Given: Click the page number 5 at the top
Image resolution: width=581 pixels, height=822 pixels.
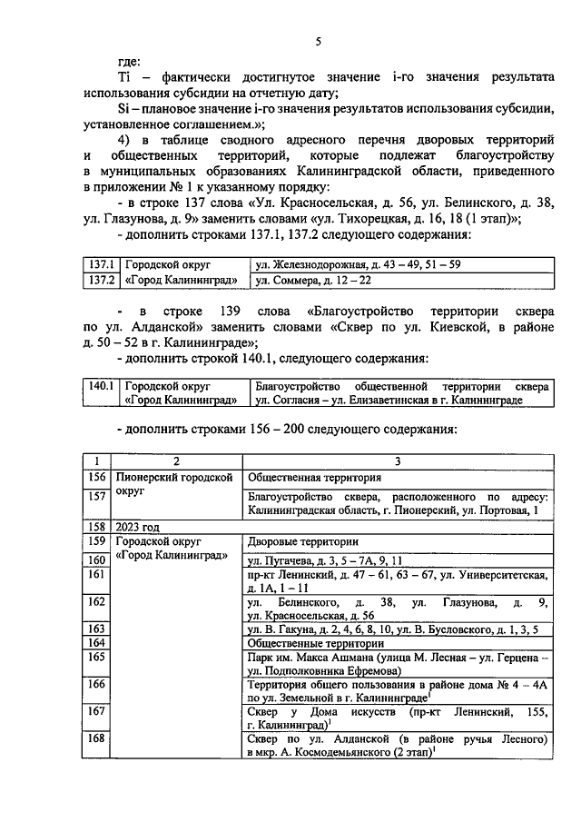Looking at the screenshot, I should tap(319, 41).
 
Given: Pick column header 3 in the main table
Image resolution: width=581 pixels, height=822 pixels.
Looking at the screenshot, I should tap(396, 461).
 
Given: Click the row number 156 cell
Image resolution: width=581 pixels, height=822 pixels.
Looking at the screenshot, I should tap(95, 477).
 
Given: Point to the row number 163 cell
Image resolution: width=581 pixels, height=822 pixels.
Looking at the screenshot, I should tap(95, 628).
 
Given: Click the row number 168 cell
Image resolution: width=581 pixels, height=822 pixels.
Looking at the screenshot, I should tap(95, 739).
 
